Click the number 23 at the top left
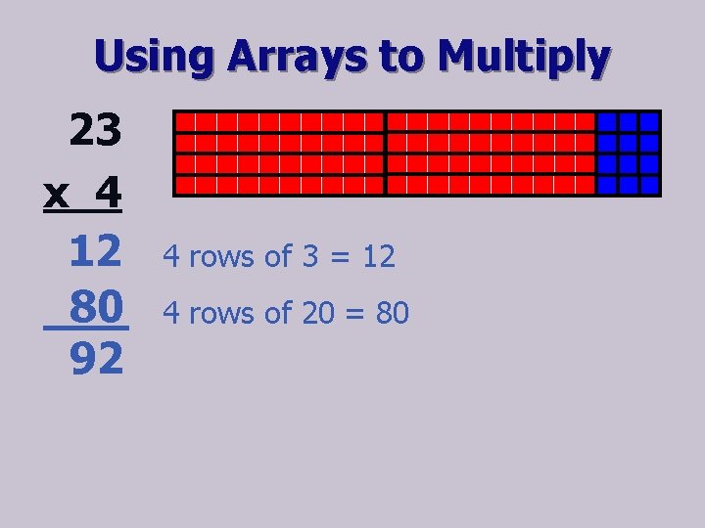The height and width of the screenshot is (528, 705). [95, 130]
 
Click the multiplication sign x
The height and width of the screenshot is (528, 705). [57, 194]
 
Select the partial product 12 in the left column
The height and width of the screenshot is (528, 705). [96, 252]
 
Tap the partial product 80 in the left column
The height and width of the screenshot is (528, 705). [96, 308]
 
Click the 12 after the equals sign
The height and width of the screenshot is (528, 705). [378, 257]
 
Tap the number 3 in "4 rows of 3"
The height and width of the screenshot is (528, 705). [309, 257]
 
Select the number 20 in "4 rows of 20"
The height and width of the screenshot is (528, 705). [317, 314]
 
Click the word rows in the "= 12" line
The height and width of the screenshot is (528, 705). [224, 257]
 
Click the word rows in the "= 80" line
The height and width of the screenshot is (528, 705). [224, 314]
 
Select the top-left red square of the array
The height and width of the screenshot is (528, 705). [183, 121]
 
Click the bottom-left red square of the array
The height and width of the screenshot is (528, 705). [183, 185]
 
